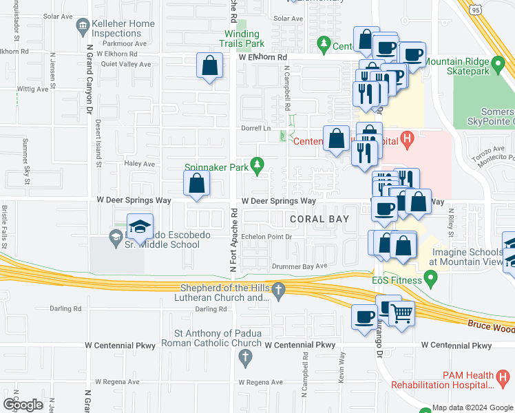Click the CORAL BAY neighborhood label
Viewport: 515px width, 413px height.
(319, 219)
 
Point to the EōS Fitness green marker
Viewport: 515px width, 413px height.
(431, 279)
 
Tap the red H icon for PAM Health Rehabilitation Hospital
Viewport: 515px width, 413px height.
(504, 377)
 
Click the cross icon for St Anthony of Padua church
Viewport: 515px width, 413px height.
(244, 357)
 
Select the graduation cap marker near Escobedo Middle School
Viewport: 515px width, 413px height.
(140, 227)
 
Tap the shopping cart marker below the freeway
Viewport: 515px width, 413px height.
(402, 314)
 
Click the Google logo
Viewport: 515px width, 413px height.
(23, 404)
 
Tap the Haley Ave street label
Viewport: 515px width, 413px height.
(140, 164)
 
